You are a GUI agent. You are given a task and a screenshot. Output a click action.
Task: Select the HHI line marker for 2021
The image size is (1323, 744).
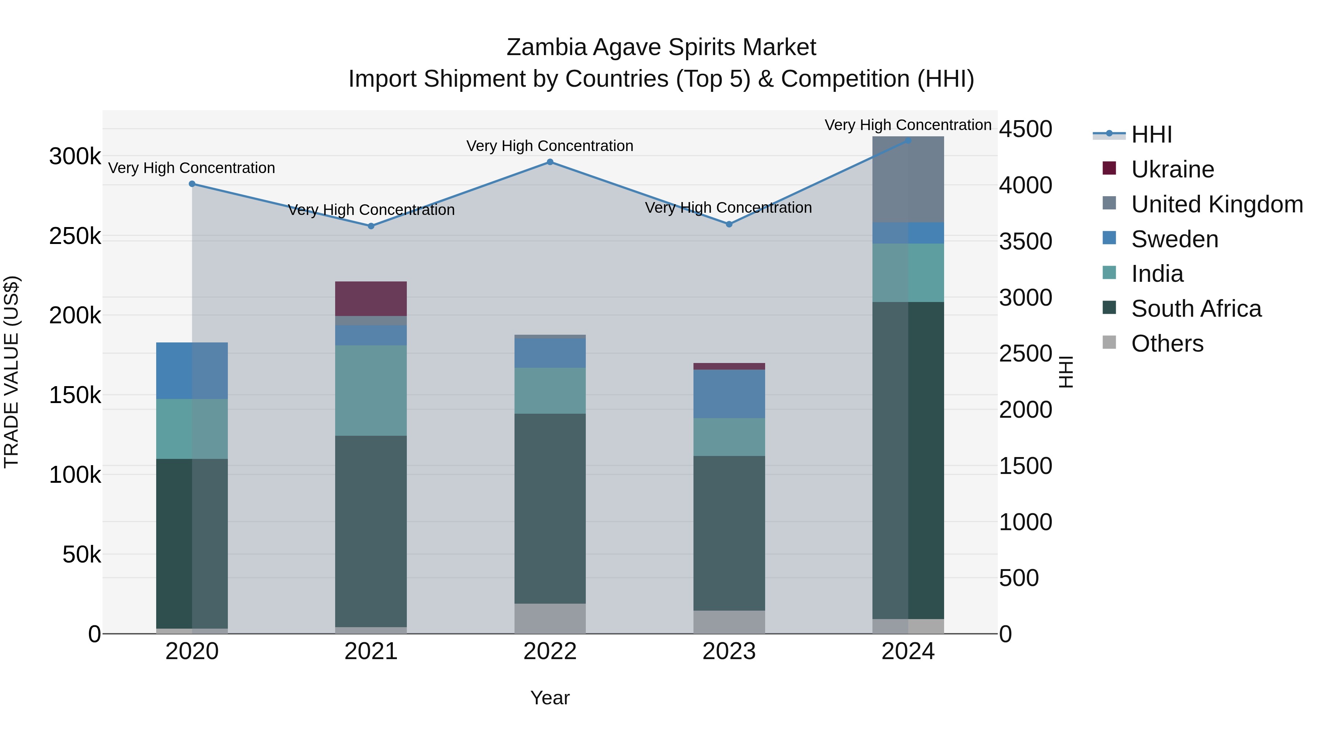click(371, 226)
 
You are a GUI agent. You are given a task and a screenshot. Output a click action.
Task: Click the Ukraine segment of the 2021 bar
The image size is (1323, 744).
click(371, 298)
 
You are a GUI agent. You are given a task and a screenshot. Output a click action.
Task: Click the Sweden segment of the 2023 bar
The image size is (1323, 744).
click(729, 394)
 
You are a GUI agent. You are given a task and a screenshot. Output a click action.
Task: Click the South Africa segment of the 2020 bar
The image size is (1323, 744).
click(191, 543)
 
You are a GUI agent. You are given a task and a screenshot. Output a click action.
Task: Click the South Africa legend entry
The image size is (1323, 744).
click(1195, 309)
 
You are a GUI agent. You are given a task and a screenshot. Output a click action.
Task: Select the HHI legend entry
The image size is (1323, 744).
click(1151, 134)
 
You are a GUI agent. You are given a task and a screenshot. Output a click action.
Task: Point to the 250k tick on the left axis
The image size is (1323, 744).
click(75, 236)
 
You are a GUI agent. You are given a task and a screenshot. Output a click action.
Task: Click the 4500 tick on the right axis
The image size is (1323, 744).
click(1025, 129)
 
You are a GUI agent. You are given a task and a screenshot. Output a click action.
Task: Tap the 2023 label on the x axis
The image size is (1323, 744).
click(729, 651)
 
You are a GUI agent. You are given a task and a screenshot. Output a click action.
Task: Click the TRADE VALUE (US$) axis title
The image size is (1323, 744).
click(11, 372)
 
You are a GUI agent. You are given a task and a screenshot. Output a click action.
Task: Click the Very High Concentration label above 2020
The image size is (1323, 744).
click(191, 168)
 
